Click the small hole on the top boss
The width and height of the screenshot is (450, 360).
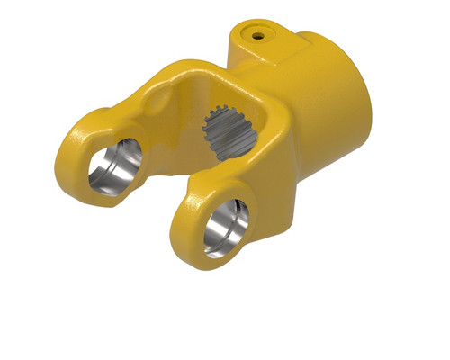click(x=258, y=36)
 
